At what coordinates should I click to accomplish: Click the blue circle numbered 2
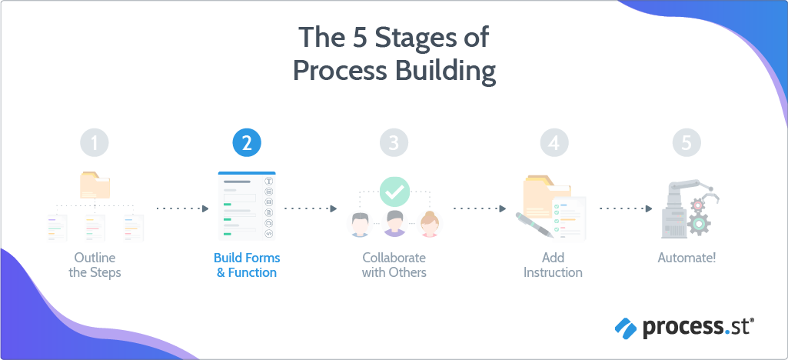click(x=247, y=142)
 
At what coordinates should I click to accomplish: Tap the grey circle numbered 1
click(x=95, y=142)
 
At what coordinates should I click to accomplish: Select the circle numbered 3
click(x=394, y=142)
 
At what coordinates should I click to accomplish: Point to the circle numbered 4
click(x=554, y=142)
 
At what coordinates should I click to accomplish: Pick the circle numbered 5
click(x=687, y=142)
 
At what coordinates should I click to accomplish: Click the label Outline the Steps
click(x=95, y=265)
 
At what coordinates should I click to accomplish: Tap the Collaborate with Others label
click(x=394, y=265)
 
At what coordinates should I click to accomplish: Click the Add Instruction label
click(x=553, y=265)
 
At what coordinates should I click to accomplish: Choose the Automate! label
click(x=687, y=258)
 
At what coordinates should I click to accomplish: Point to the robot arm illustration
click(x=686, y=208)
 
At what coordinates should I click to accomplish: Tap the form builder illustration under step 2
click(x=246, y=206)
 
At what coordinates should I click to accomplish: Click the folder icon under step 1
click(x=95, y=185)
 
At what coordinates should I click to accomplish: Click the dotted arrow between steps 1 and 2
click(x=182, y=208)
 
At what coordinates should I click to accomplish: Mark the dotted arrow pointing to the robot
click(x=625, y=208)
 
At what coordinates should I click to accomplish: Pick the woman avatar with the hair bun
click(x=431, y=224)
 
